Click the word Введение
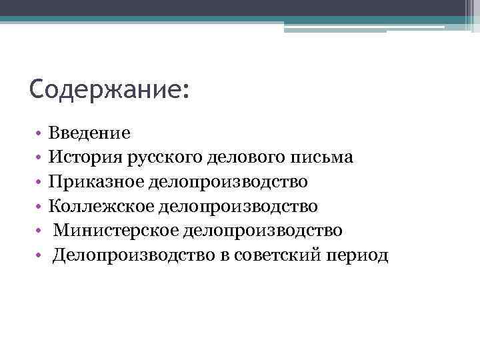click(x=89, y=133)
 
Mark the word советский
click(x=266, y=255)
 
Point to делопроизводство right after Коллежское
click(x=238, y=206)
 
